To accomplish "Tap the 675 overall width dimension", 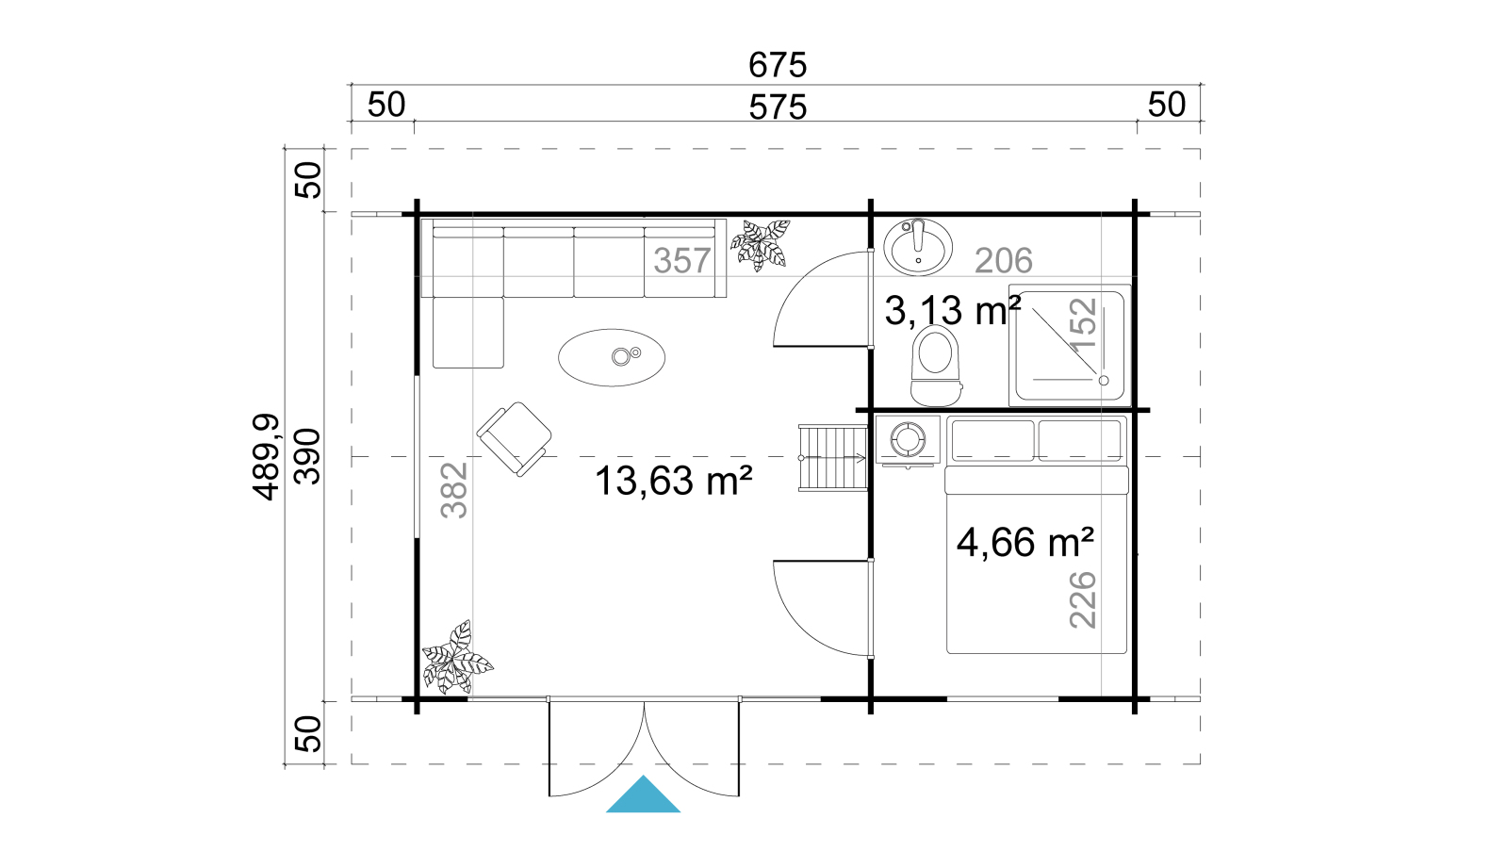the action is coord(778,65).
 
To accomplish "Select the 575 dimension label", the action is coord(778,107).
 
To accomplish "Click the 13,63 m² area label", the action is coord(673,481).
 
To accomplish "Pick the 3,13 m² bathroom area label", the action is coord(953,310).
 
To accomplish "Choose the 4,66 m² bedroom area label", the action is coord(1024,542).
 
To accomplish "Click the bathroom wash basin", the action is coord(918,246).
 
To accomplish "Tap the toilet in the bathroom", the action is coord(935,365).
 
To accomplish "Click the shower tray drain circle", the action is coord(1104,381).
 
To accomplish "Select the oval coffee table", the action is coord(612,357).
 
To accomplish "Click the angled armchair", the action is coord(515,439).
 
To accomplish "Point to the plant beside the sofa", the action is coord(761,245).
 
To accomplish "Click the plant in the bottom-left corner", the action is coord(456,658).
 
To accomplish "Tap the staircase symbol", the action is coord(833,458).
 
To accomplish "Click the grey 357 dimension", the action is coord(682,260).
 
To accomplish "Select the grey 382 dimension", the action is coord(453,489).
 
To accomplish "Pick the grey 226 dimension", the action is coord(1083,600).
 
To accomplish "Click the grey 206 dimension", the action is coord(1004,260).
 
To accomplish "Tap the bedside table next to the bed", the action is coord(908,440).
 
